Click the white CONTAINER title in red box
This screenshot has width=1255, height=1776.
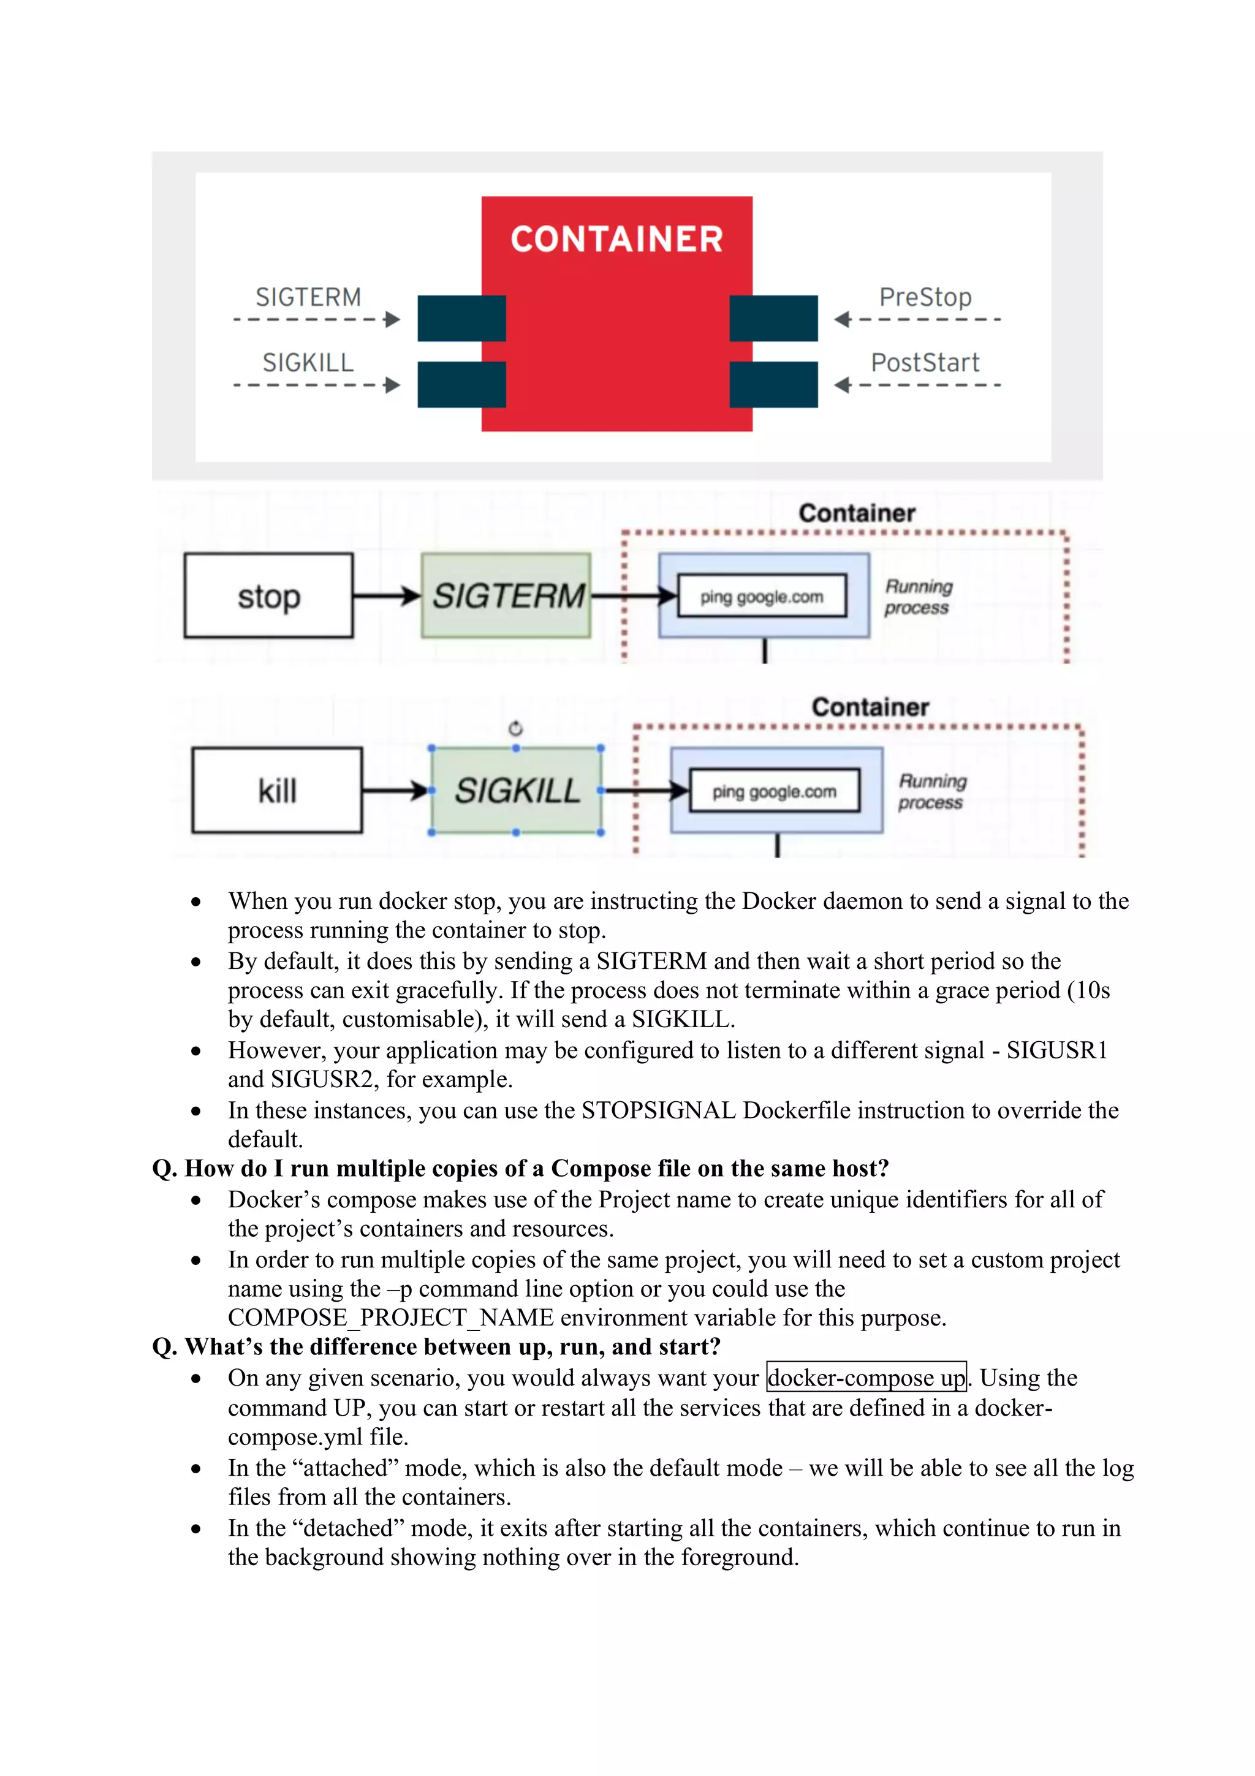point(616,239)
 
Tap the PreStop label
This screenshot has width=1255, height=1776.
point(925,297)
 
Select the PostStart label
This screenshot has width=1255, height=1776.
point(925,362)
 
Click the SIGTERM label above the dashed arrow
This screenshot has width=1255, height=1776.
point(308,297)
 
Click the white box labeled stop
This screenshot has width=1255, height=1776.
point(268,596)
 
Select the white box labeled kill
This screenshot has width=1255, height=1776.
point(277,791)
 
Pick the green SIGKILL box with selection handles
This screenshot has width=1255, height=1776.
point(516,791)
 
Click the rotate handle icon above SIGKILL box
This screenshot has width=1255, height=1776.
point(516,729)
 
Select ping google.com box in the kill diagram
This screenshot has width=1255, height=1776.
point(774,791)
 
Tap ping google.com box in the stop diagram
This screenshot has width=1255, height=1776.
point(762,596)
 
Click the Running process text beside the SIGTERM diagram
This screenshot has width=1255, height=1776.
point(918,596)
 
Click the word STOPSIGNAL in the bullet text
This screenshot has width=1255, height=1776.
point(658,1110)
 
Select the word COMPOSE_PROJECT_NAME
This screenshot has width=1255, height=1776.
point(390,1318)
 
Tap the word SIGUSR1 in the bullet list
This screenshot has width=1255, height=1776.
point(1057,1050)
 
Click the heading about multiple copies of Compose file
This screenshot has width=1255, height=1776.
point(520,1168)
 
